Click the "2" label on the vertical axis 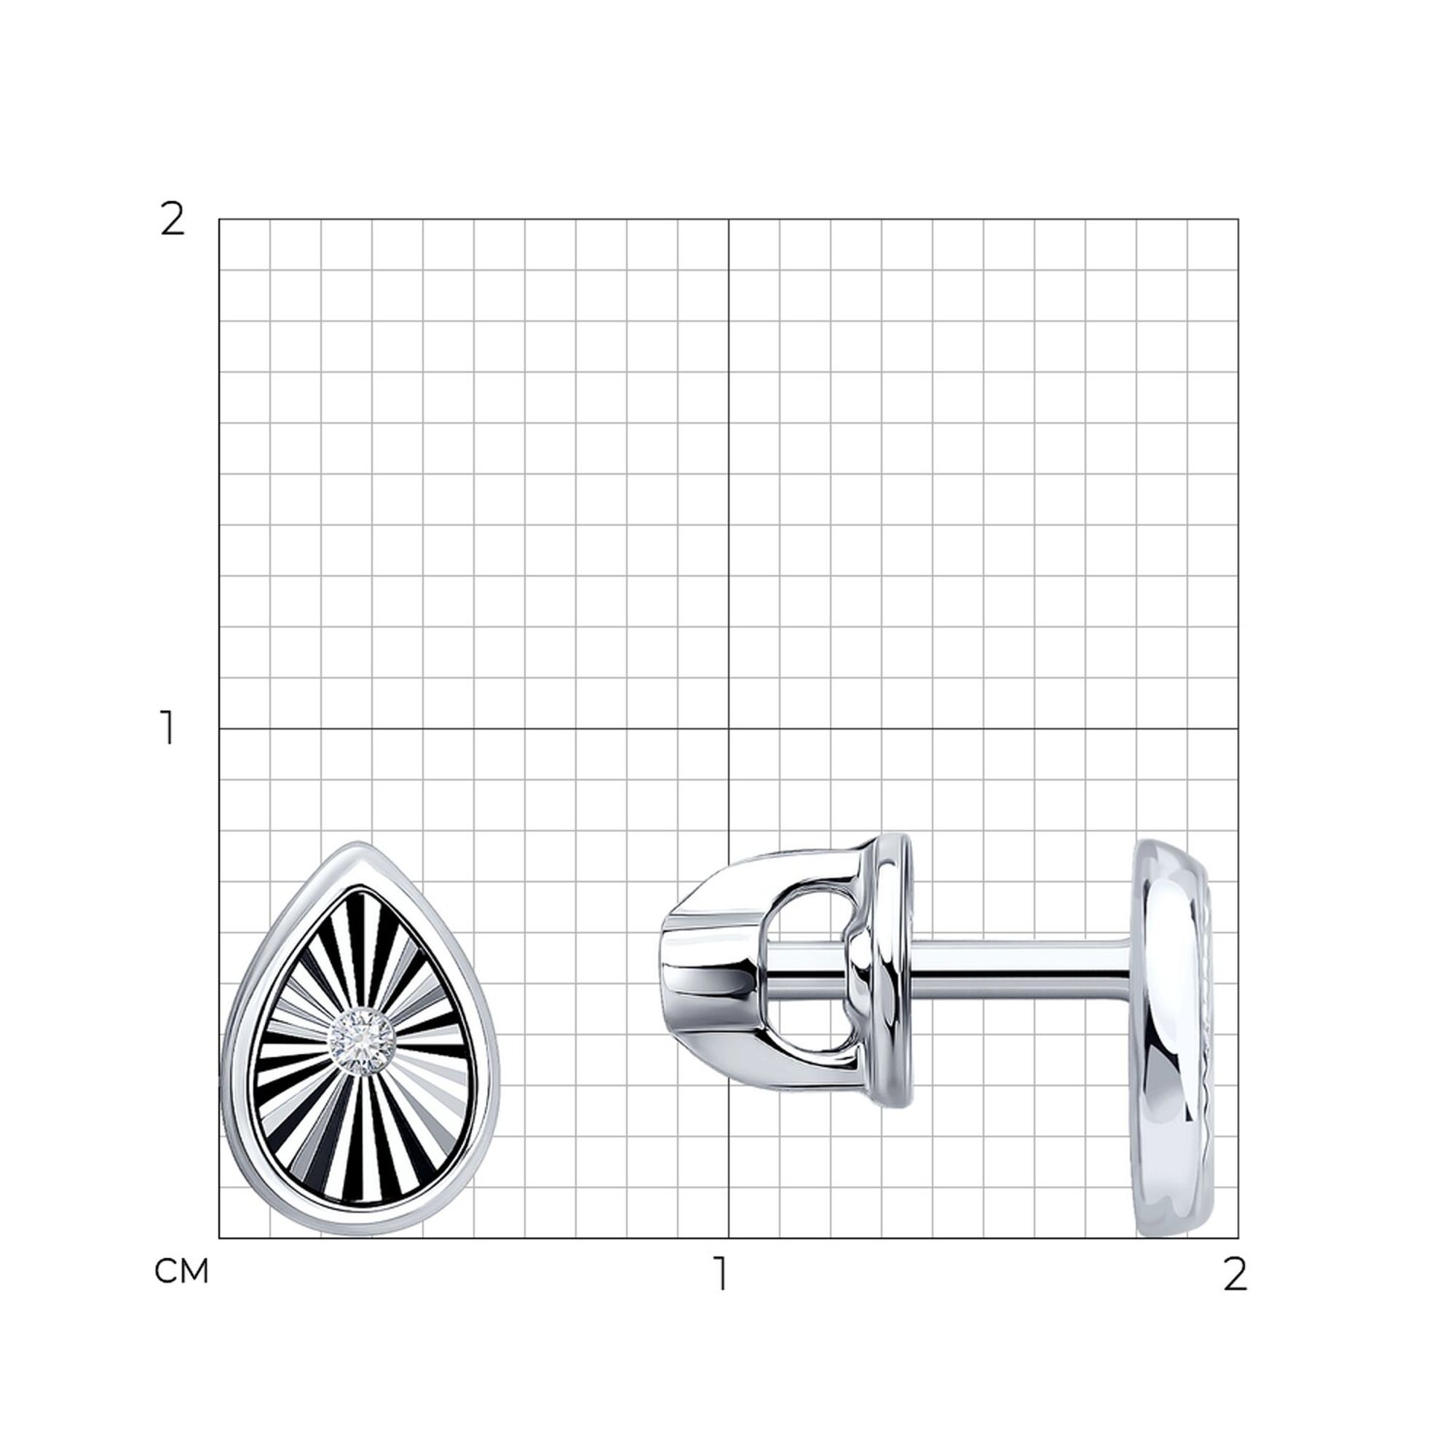[x=173, y=220]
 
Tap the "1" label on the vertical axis [x=168, y=728]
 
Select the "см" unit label [x=181, y=1272]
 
